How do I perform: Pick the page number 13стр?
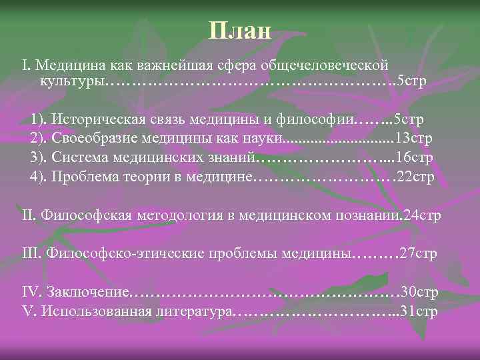(x=413, y=139)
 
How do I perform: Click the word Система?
(x=76, y=157)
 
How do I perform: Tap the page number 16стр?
(x=415, y=157)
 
